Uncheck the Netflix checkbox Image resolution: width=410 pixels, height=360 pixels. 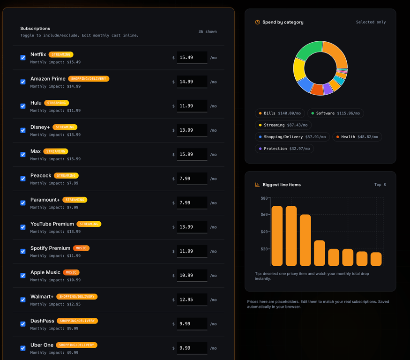coord(23,58)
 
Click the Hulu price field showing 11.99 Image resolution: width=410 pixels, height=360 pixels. coord(192,106)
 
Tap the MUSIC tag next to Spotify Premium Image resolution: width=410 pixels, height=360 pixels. coord(81,248)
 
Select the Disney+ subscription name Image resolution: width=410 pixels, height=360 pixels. coord(40,127)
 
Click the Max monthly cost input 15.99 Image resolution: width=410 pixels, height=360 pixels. coord(192,154)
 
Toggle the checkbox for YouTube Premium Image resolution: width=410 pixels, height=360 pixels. coord(23,227)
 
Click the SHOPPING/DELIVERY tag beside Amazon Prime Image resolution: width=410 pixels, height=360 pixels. coord(89,79)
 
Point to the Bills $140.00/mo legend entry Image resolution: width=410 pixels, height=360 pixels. coord(280,113)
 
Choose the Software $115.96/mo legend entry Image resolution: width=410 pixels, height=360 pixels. coord(335,113)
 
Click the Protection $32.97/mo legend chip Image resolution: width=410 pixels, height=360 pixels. coord(284,149)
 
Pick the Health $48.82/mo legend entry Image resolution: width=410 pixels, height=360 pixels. coord(357,137)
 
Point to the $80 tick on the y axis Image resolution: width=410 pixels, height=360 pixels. coord(264,198)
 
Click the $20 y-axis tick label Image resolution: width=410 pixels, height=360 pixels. coord(264,249)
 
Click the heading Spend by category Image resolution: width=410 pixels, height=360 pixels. coord(283,22)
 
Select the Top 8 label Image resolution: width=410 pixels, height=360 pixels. coord(380,185)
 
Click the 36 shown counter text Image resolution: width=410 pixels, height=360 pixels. coord(208,31)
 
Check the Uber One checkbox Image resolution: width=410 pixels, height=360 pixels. coord(23,348)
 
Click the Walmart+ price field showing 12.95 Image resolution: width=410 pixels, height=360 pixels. coord(192,300)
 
